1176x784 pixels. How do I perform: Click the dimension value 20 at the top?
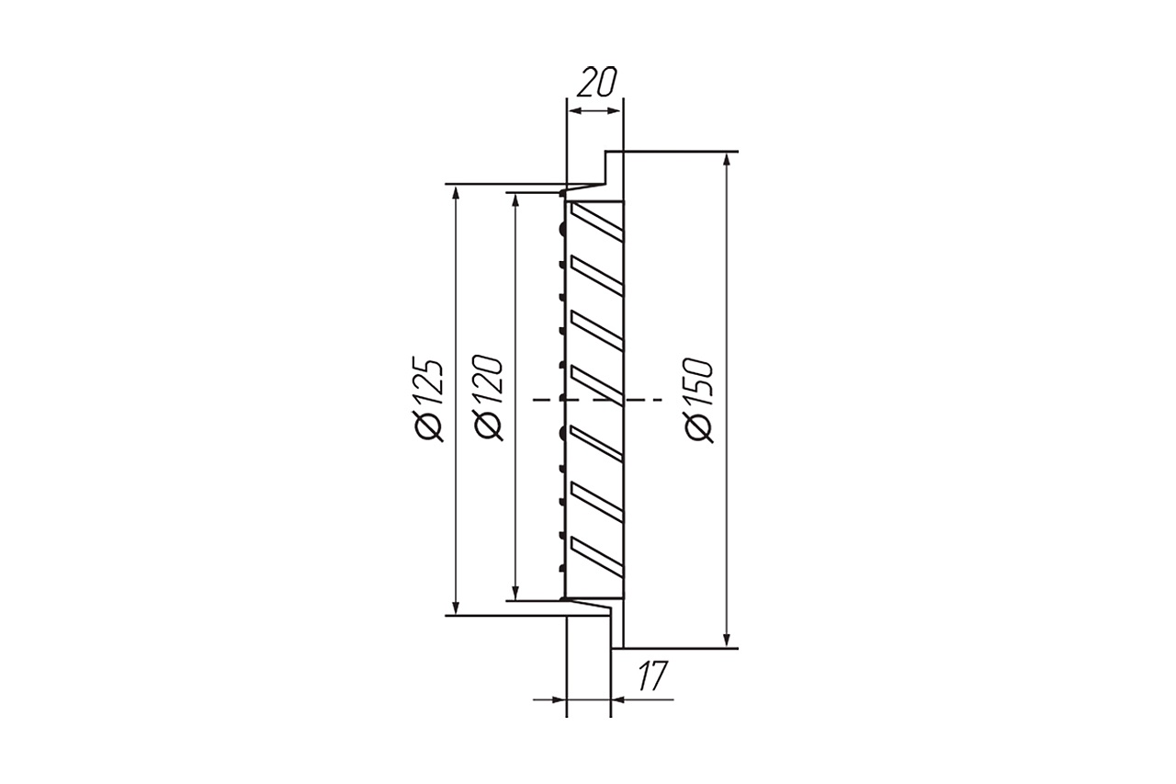point(596,82)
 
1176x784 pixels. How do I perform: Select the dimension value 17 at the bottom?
point(653,676)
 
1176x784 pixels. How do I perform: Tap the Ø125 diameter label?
point(429,399)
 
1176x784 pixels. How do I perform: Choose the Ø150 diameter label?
point(700,400)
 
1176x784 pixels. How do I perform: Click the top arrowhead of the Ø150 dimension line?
point(727,160)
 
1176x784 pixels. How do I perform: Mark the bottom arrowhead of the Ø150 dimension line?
point(727,640)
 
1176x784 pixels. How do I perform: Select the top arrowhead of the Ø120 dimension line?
point(516,200)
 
